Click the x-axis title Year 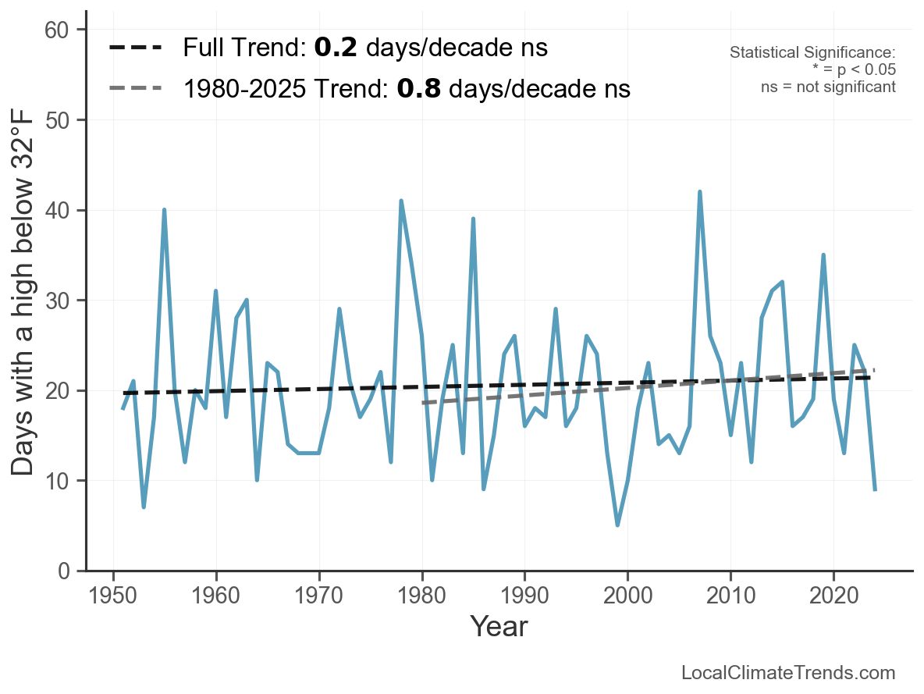tap(499, 626)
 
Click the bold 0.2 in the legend tap(336, 48)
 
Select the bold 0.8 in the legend tap(418, 89)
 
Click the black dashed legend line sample tap(136, 48)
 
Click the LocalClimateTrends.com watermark tap(788, 673)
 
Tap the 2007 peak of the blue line tap(700, 192)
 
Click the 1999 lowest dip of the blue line tap(617, 525)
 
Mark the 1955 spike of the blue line tap(165, 210)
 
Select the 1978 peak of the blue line tap(401, 201)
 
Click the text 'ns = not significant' tap(828, 87)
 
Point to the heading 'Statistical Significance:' tap(812, 52)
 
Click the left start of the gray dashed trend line tap(423, 403)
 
